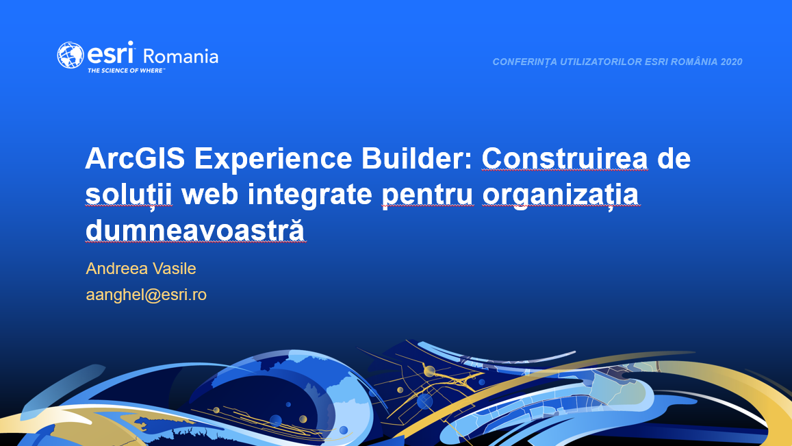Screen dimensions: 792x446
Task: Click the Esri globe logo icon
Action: tap(71, 55)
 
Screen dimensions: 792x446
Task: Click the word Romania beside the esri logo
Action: tap(181, 56)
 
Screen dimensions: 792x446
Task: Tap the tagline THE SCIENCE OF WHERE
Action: tap(126, 71)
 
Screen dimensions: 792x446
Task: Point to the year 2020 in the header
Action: tap(731, 62)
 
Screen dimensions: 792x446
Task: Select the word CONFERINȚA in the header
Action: tap(524, 62)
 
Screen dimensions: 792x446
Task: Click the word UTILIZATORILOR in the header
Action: tap(600, 62)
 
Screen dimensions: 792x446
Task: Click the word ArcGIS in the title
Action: tap(136, 158)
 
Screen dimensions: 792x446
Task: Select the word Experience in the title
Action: tap(272, 160)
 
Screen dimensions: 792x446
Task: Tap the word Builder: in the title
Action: tap(417, 158)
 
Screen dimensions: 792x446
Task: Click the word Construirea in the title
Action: tap(565, 158)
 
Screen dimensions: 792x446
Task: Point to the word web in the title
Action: tap(209, 194)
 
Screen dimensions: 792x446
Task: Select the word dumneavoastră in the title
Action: tap(196, 230)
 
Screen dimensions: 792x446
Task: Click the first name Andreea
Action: tap(116, 269)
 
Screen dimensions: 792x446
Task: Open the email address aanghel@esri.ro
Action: tap(146, 295)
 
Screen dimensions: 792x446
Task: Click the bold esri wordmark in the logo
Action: tap(111, 53)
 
